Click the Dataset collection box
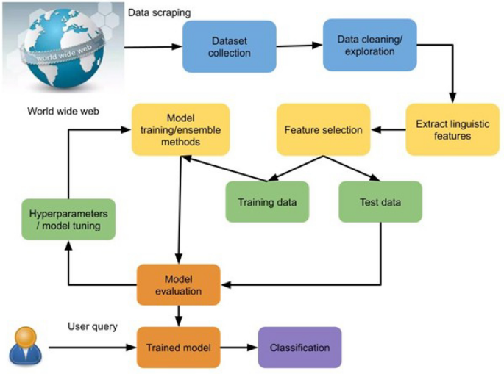point(229,47)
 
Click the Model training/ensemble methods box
point(180,129)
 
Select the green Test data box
point(380,201)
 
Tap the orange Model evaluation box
point(179,284)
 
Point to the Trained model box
point(179,348)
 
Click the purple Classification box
point(299,348)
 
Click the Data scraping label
point(159,12)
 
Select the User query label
point(93,326)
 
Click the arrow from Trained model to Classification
point(238,348)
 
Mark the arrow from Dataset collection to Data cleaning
point(299,46)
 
